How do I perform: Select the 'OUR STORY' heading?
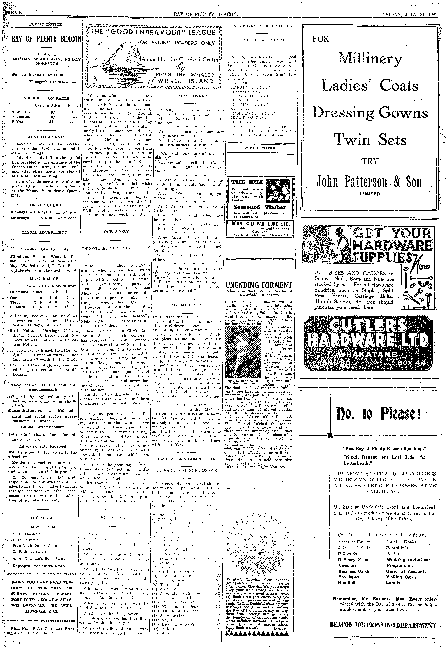point(116,232)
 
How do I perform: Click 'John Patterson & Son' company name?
point(369,182)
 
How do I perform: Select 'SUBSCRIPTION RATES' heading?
point(46,98)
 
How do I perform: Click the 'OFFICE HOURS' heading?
point(45,205)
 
